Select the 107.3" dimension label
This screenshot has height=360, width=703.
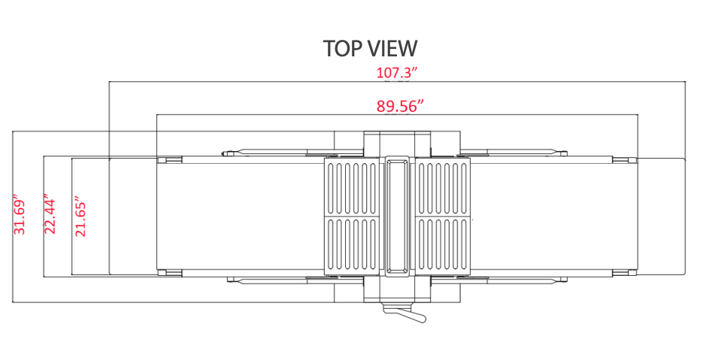tap(397, 73)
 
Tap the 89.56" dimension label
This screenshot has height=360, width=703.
tap(400, 106)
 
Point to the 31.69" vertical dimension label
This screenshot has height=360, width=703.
tap(20, 214)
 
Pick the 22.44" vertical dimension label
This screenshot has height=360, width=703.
tap(50, 214)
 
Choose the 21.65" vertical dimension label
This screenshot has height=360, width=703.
tap(80, 216)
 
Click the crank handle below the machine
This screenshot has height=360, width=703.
tap(404, 313)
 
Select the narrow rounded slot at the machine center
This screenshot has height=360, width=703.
tap(397, 215)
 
